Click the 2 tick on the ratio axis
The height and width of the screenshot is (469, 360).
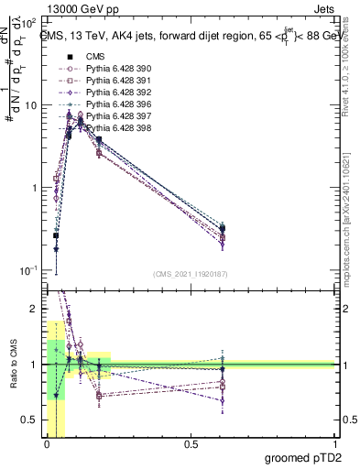pyautogui.click(x=36, y=309)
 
